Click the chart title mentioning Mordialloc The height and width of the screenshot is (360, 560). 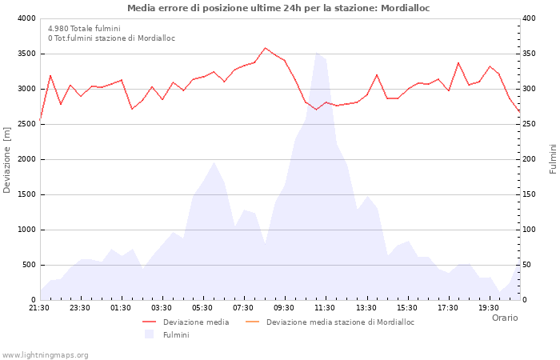point(278,8)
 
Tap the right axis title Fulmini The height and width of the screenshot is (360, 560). point(552,159)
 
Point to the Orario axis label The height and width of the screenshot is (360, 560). point(504,318)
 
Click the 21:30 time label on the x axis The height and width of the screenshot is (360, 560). point(39,307)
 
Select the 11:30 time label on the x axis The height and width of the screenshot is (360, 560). point(325,307)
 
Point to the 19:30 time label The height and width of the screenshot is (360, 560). point(488,307)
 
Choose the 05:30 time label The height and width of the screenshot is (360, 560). point(202,307)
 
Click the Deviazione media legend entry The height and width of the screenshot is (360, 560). point(196,322)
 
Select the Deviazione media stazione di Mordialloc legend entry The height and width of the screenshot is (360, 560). point(340,322)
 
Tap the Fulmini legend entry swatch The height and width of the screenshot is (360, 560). point(149,334)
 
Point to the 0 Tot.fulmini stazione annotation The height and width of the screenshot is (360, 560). point(111,38)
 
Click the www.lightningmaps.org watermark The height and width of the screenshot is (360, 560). point(46,354)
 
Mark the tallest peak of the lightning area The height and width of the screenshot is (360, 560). point(317,53)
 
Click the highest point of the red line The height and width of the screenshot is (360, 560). point(266,48)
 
